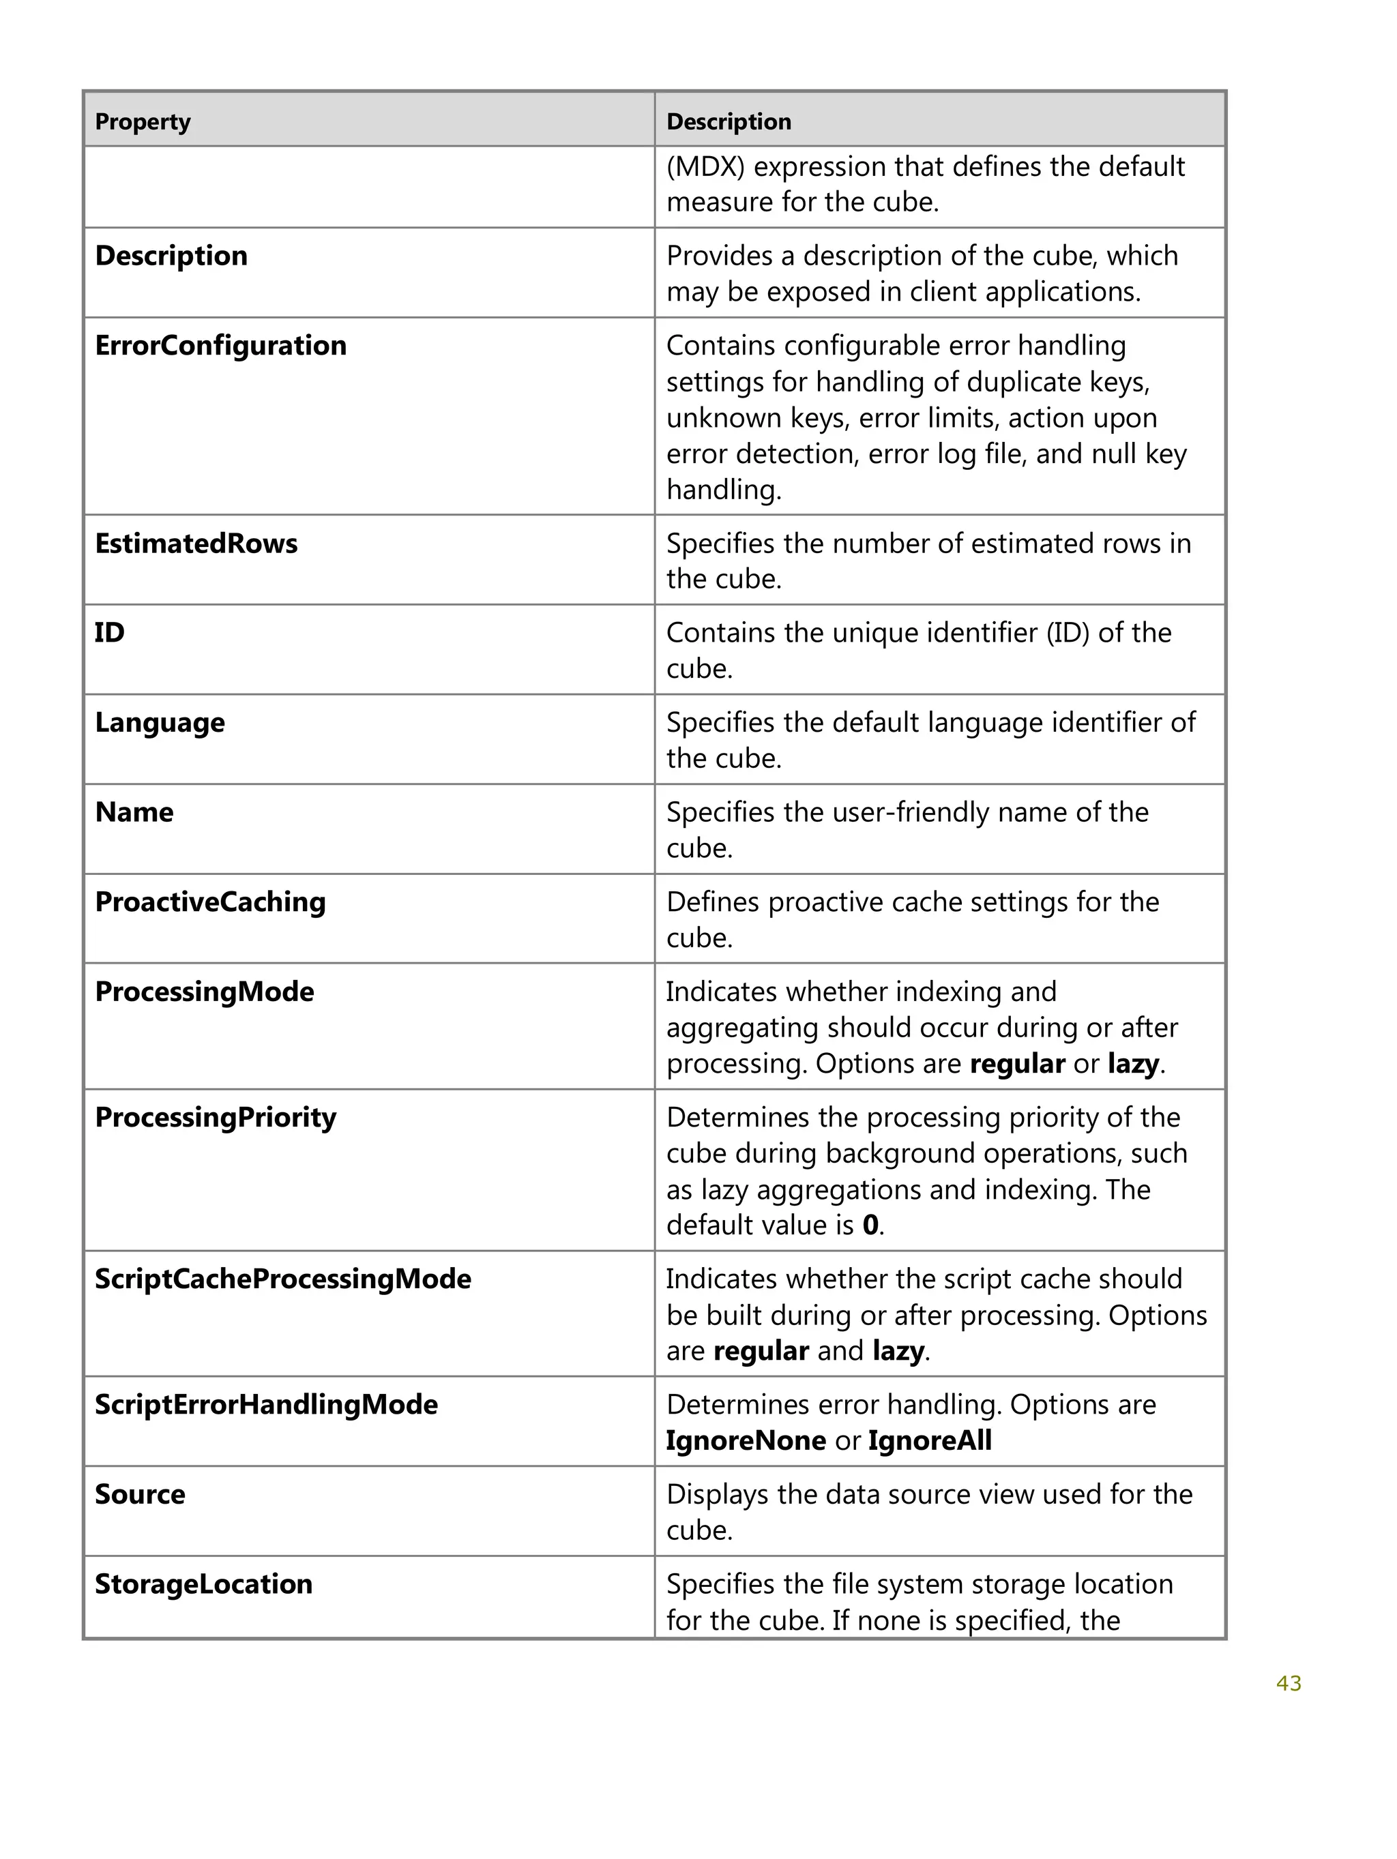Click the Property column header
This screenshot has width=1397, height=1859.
point(143,122)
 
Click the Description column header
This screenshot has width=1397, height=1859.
point(728,122)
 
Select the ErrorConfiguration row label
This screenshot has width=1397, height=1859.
point(220,346)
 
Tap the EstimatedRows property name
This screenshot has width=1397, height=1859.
point(196,544)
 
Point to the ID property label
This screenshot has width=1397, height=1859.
point(109,633)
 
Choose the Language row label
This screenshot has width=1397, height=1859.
point(160,723)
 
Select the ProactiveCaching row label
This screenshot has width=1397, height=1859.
point(210,902)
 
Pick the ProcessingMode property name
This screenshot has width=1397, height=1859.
point(204,992)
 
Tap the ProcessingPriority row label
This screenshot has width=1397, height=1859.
point(215,1118)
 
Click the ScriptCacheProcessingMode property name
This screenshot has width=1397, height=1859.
point(282,1279)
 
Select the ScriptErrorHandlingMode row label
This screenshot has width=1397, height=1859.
point(265,1404)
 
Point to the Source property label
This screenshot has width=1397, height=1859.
point(140,1494)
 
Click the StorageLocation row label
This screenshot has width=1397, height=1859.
point(203,1584)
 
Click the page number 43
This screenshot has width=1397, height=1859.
point(1288,1683)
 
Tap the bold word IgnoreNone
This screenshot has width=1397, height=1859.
point(746,1440)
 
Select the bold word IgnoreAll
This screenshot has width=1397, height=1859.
point(930,1440)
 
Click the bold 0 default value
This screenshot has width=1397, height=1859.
point(871,1225)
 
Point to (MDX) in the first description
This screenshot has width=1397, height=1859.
point(705,166)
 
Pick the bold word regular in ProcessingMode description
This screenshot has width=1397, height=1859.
point(1017,1064)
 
